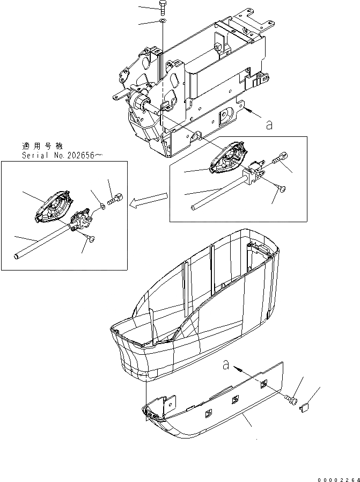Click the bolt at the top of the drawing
163,8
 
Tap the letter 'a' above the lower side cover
226,365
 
